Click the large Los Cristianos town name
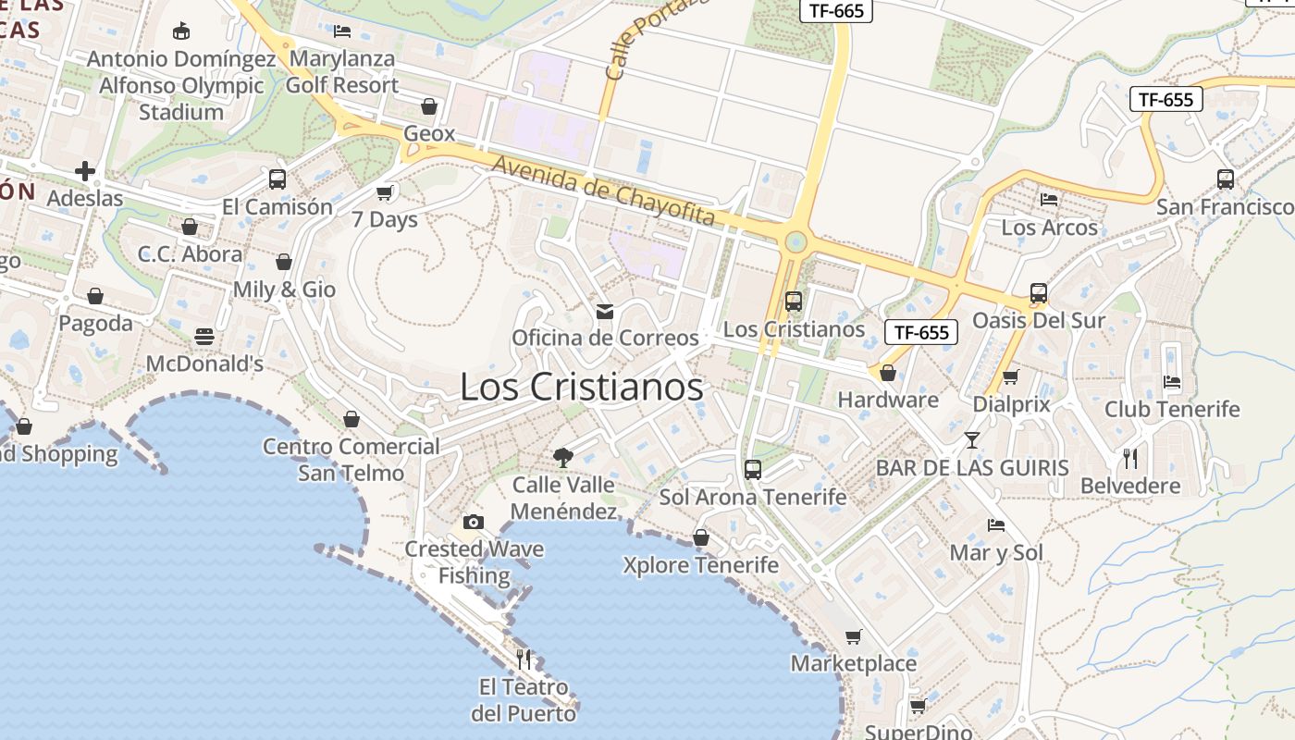[581, 388]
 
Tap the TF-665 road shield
[835, 10]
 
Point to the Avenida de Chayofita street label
[604, 191]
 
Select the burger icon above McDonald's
[204, 336]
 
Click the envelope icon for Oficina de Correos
[605, 311]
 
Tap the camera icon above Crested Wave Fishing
[474, 522]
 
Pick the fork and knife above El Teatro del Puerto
[524, 659]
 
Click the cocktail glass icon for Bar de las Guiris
[972, 439]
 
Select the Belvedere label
[1130, 486]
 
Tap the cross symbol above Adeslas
[85, 171]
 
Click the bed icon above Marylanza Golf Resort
[341, 31]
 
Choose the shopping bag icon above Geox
[429, 106]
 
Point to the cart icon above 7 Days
[385, 192]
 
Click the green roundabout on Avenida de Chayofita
[795, 243]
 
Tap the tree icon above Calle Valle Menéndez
[562, 456]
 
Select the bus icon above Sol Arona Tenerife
[753, 469]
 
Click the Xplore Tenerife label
[700, 564]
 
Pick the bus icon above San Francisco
[1226, 179]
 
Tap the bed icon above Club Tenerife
[1172, 381]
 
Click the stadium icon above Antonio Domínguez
[181, 31]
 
